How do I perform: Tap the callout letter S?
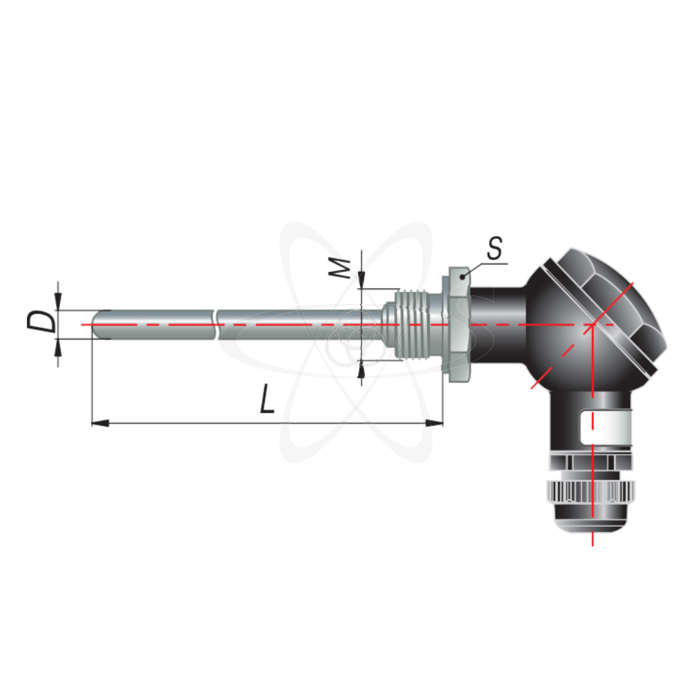click(x=494, y=250)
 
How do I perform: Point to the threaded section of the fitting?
click(x=415, y=323)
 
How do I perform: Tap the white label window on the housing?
click(x=605, y=428)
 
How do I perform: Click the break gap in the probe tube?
click(x=217, y=324)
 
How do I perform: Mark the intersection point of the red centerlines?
click(x=593, y=324)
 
